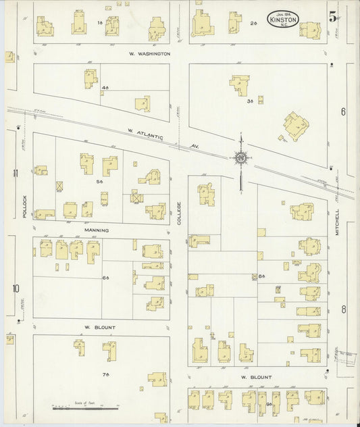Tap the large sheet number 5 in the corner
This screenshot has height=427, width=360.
coord(333,18)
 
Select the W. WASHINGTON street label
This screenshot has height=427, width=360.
coord(149,53)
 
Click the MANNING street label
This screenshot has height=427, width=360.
coord(96,230)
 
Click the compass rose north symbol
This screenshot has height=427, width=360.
coord(240,158)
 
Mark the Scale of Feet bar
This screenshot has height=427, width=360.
coord(78,408)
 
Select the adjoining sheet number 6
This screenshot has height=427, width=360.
coord(343,112)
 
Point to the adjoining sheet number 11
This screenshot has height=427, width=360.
coord(15,173)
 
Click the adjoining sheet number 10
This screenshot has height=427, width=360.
coord(15,288)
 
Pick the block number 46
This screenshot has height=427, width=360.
coord(105,89)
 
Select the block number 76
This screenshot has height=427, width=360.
coord(105,374)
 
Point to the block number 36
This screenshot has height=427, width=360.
coord(249,101)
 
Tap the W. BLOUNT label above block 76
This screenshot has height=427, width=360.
coord(100,328)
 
